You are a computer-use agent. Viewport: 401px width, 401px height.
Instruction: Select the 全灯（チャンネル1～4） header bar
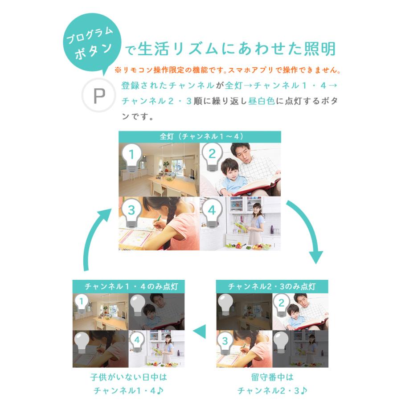tap(200, 137)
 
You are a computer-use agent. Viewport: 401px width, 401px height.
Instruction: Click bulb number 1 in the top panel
tap(131, 156)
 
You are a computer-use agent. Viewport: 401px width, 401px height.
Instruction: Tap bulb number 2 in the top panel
tap(212, 156)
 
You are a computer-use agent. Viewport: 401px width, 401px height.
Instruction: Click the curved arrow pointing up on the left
tap(96, 236)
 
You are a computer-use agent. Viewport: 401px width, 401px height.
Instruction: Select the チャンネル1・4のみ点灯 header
tap(128, 286)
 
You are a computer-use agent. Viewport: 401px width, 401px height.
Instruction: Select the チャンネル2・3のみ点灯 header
tap(272, 286)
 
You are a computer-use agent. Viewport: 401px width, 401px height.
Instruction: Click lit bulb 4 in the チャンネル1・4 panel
tap(137, 341)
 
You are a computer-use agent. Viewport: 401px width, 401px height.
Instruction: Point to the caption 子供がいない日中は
tap(128, 377)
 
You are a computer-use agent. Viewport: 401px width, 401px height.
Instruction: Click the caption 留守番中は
tap(272, 377)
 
